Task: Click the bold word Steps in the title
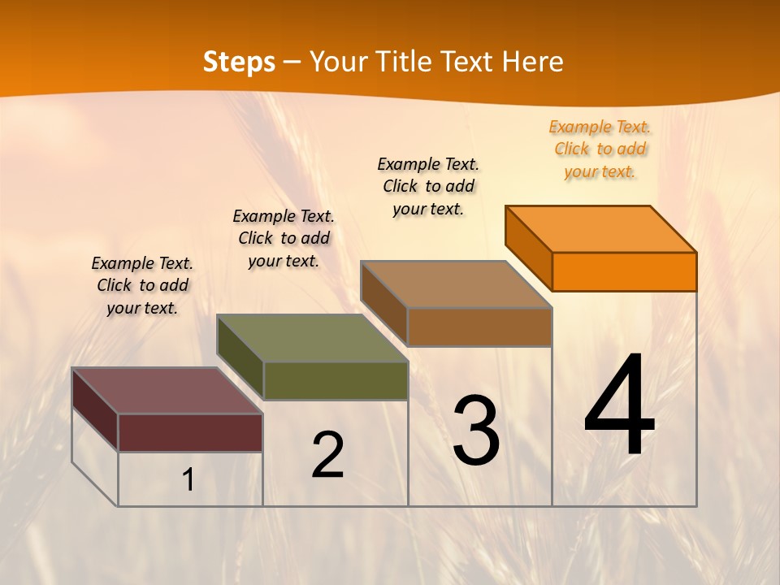[x=239, y=62]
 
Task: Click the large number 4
[x=619, y=406]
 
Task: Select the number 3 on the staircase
[x=476, y=431]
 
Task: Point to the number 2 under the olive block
[x=327, y=455]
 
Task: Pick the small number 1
[x=188, y=480]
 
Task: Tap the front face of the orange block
[x=624, y=271]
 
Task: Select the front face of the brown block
[x=479, y=327]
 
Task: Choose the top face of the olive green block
[x=312, y=338]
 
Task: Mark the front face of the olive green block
[x=336, y=380]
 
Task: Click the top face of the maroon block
[x=167, y=391]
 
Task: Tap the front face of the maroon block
[x=190, y=432]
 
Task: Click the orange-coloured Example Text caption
[x=600, y=149]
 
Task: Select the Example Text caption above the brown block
[x=428, y=186]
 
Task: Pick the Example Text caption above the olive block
[x=284, y=238]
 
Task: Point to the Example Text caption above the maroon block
[x=142, y=285]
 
